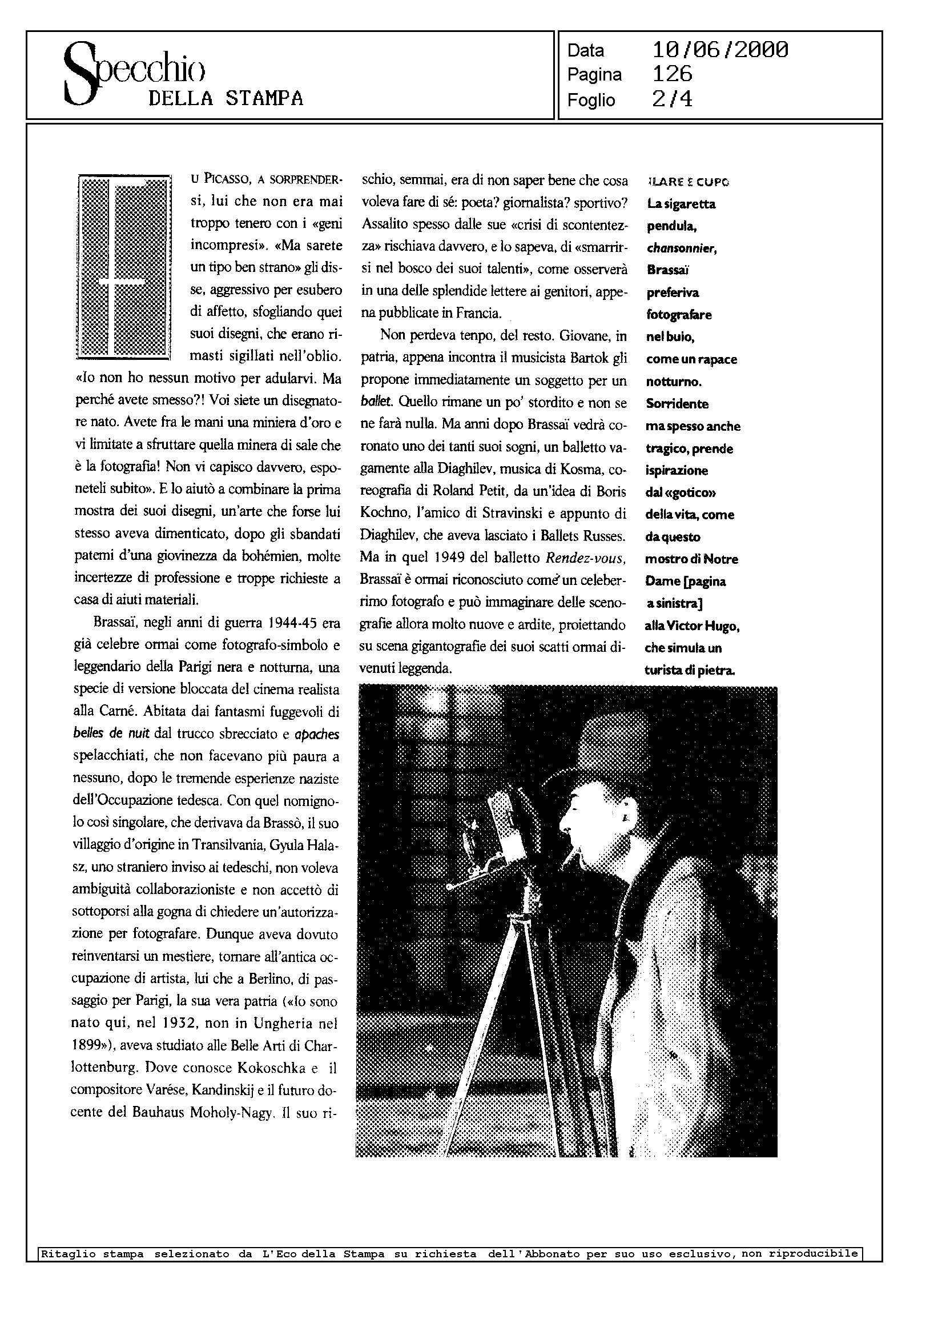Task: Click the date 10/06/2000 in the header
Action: [719, 50]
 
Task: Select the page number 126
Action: [672, 74]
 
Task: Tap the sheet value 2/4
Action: [672, 99]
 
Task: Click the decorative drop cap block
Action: [124, 267]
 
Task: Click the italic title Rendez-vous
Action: [585, 558]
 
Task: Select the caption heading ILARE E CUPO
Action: [689, 182]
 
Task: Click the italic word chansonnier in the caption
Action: [682, 248]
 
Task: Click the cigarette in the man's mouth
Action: [573, 859]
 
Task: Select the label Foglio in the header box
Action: [591, 100]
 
